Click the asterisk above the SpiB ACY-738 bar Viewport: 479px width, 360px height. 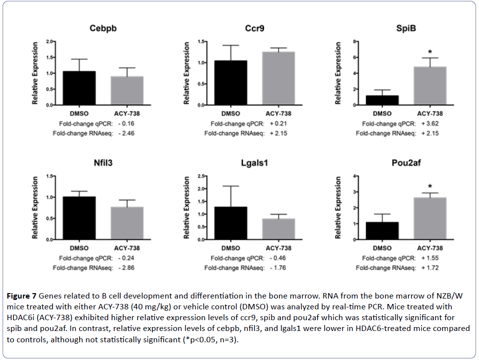point(430,52)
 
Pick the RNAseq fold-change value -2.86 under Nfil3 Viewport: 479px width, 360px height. point(127,268)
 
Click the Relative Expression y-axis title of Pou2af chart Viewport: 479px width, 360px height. point(338,208)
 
